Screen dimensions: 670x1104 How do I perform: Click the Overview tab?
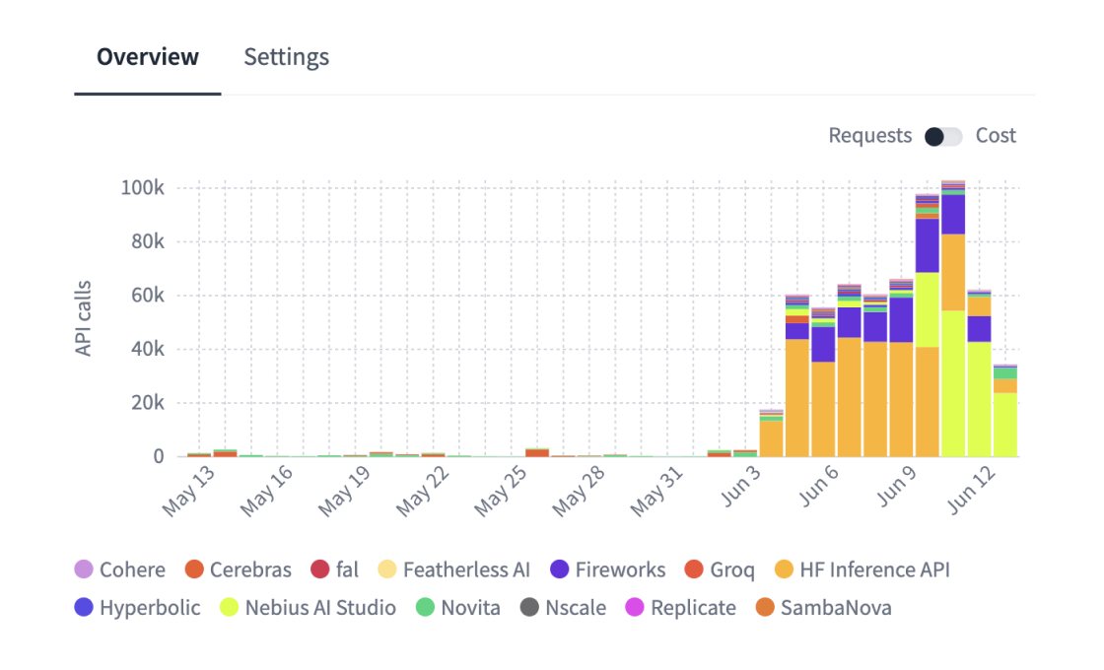[148, 57]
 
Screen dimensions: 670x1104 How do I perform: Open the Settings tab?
[286, 57]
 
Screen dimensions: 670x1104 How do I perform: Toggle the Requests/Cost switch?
[943, 136]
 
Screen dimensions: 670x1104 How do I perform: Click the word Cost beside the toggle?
[996, 136]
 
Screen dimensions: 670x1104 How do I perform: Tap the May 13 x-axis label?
[188, 492]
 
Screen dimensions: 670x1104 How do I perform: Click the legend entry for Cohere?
[120, 569]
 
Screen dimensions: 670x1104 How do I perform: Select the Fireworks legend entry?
[607, 569]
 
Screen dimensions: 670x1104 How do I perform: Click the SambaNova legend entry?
[823, 608]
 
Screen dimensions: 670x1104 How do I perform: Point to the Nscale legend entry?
[564, 608]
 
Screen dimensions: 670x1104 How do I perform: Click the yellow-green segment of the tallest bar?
[953, 383]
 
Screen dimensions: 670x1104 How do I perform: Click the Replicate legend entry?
[681, 608]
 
